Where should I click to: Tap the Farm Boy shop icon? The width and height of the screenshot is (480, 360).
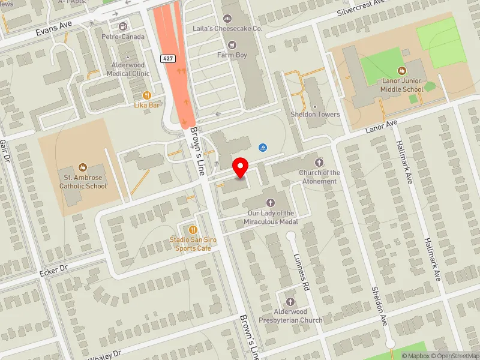click(232, 44)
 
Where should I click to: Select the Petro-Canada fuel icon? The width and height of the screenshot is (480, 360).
click(123, 26)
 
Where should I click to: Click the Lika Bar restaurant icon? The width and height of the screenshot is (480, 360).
click(146, 95)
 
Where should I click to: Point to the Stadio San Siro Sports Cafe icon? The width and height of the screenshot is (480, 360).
click(192, 229)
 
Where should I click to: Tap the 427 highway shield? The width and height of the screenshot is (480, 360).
click(167, 58)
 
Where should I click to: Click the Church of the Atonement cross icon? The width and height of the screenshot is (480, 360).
click(319, 162)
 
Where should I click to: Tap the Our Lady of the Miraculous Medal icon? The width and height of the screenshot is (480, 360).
click(271, 203)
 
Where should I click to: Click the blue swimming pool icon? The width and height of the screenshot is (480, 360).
click(262, 148)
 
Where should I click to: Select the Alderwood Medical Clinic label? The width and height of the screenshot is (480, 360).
click(128, 70)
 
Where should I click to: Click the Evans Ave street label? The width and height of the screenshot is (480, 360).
click(53, 27)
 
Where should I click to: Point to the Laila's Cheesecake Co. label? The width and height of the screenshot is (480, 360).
click(236, 28)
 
